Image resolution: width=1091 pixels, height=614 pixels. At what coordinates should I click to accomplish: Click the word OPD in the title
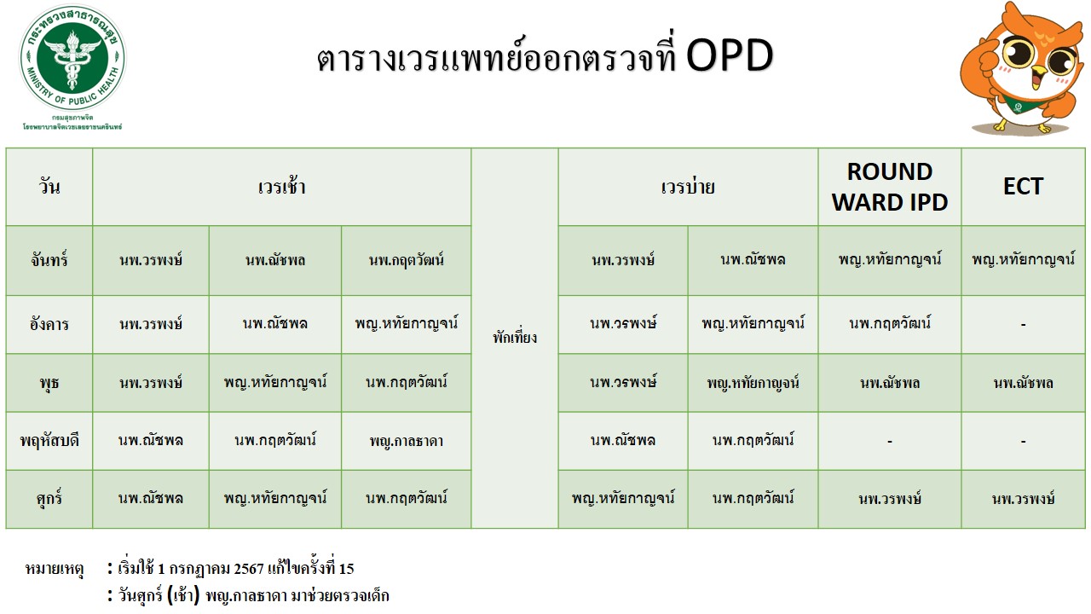coord(730,55)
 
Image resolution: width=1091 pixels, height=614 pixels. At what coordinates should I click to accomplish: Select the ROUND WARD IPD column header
coord(889,187)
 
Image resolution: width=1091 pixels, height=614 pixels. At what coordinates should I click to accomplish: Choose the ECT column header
coord(1023,186)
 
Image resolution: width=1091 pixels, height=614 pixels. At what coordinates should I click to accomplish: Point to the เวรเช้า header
coord(281,187)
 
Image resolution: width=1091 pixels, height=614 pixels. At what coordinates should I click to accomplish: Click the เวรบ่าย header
coord(688,187)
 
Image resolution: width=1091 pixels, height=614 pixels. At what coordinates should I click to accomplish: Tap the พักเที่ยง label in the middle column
coord(515,337)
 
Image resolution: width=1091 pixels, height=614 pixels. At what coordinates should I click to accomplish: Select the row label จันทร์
coord(49,260)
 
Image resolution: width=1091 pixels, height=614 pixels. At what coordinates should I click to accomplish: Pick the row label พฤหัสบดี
coord(49,441)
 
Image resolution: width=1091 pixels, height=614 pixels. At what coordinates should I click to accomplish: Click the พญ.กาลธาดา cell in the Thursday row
coord(407,441)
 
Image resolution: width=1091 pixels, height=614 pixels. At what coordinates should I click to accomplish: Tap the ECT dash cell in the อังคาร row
coord(1023,325)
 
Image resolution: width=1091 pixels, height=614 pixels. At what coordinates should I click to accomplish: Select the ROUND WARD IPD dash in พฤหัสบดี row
coord(889,442)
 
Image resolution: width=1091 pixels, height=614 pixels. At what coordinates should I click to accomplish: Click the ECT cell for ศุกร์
coord(1023,499)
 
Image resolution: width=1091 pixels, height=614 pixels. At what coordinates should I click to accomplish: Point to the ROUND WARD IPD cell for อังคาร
coord(889,323)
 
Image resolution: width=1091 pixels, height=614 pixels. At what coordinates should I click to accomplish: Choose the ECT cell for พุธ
coord(1023,383)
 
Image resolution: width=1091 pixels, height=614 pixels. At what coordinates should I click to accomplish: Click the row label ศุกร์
coord(49,499)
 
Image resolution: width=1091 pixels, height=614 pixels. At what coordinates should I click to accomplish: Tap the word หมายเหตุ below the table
coord(55,569)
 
